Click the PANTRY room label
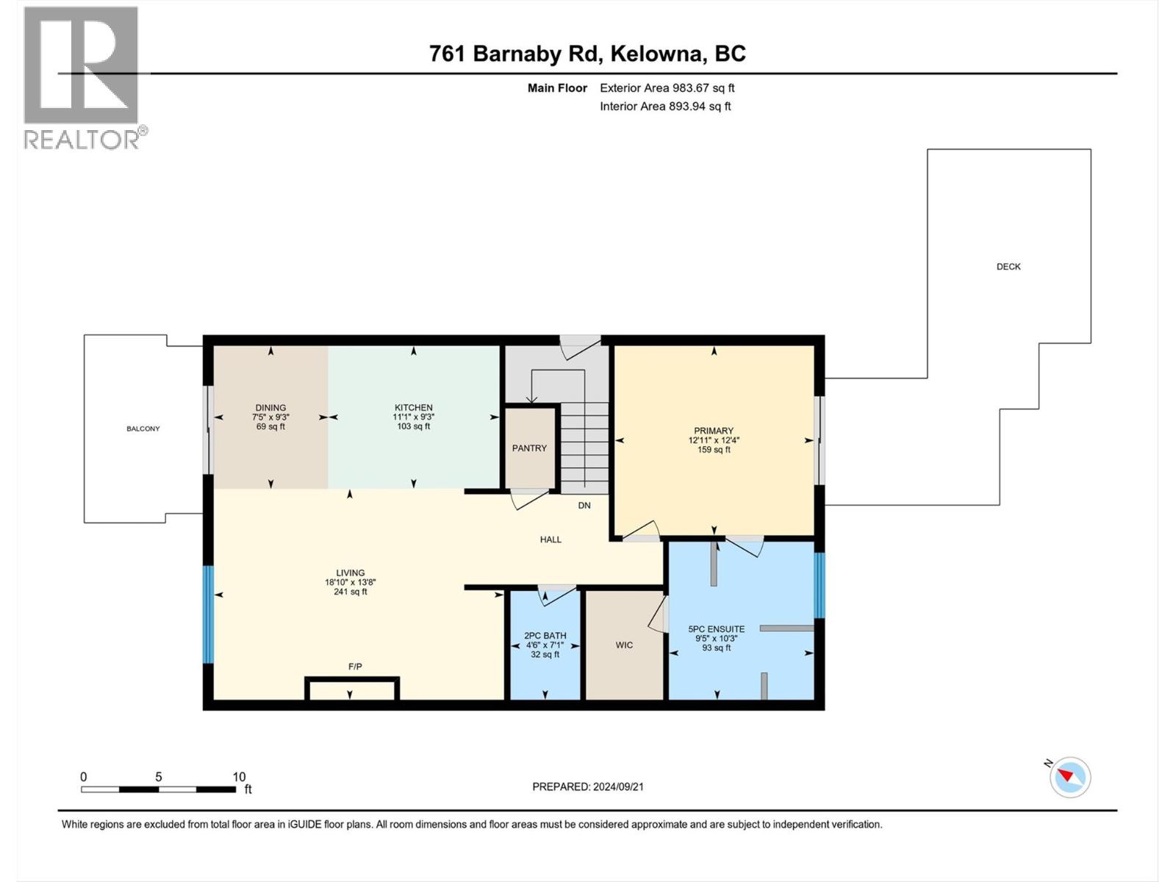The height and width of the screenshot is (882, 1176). (529, 448)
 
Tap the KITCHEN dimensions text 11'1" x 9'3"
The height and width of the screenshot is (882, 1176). (413, 417)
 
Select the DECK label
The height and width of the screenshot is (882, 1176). (1008, 267)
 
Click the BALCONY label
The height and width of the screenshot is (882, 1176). (143, 429)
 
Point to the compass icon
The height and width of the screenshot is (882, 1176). (1070, 777)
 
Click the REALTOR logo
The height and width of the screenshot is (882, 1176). (82, 77)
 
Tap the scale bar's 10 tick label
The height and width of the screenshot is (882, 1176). (239, 777)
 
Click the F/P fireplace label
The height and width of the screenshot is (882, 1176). (355, 667)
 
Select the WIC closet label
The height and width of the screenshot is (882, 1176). (624, 645)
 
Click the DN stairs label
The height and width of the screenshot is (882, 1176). (584, 506)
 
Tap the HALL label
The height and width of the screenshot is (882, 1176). (551, 539)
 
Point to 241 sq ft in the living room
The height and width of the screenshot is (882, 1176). (350, 592)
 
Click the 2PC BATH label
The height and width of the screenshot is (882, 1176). (545, 636)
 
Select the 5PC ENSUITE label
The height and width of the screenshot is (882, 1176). (716, 629)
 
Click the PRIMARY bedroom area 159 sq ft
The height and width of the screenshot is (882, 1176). (714, 450)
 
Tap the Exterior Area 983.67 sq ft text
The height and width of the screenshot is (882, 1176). (667, 88)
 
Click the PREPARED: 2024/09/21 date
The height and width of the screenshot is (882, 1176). (588, 786)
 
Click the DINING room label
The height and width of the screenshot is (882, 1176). (270, 408)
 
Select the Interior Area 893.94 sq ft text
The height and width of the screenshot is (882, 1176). (665, 107)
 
